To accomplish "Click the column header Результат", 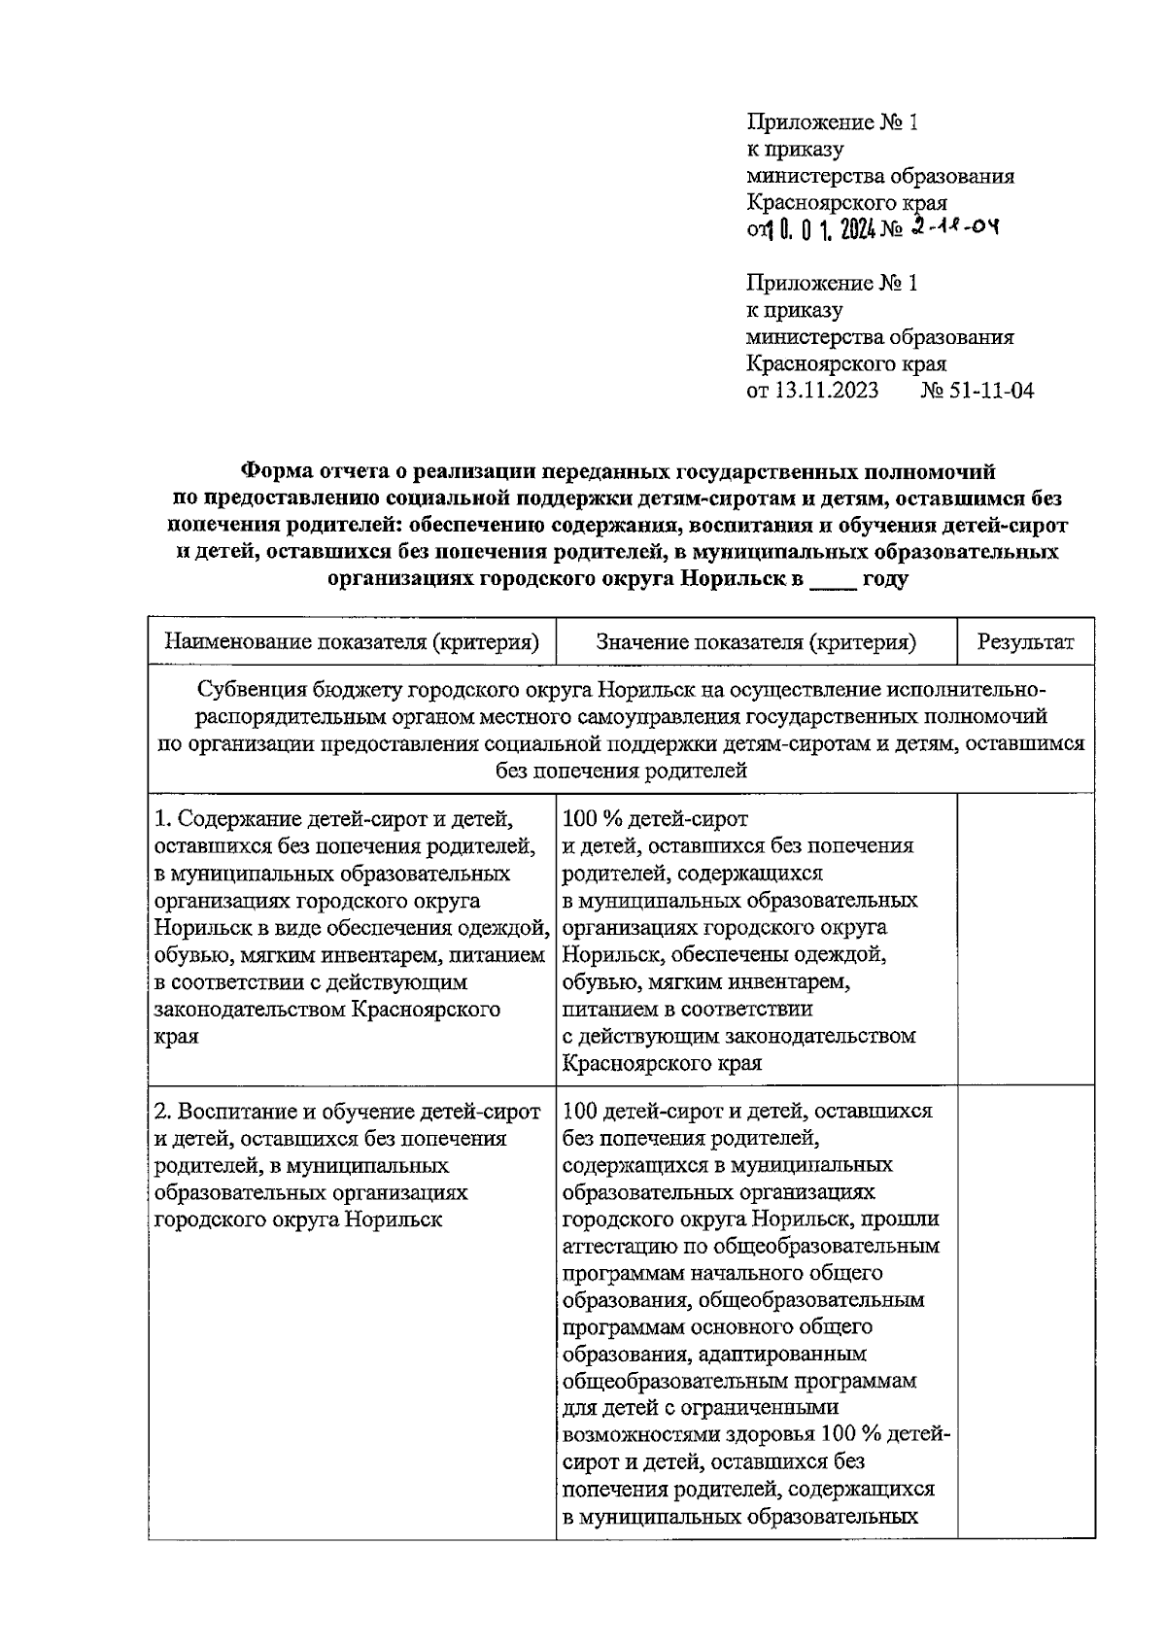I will [x=1025, y=642].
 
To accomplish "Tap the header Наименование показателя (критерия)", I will [x=352, y=642].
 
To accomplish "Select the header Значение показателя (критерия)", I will [x=756, y=642].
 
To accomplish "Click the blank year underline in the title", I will [x=833, y=581].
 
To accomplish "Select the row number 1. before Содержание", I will [x=164, y=819].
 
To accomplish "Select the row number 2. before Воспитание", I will [x=164, y=1111].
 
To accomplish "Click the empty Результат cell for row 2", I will [x=1025, y=1312].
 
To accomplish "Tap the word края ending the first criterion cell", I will [x=176, y=1036].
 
